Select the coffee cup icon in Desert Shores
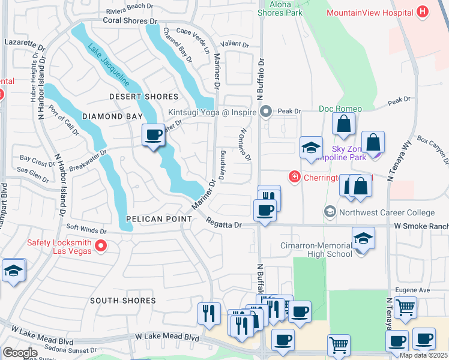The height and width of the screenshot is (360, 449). [x=153, y=134]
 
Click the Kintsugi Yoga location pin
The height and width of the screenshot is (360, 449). [x=267, y=111]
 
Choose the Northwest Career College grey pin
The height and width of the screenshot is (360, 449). [x=330, y=212]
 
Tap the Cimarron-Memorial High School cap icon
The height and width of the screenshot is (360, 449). [x=363, y=238]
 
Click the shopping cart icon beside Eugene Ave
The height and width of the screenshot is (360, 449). [x=406, y=307]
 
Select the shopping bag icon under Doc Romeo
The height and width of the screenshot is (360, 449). [x=344, y=124]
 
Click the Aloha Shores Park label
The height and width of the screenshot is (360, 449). [x=280, y=8]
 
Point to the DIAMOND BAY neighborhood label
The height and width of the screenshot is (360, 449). [x=112, y=116]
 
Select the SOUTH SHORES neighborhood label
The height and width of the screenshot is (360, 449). [x=123, y=300]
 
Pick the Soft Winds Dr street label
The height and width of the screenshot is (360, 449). [x=86, y=229]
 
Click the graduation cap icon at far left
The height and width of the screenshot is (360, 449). [x=13, y=271]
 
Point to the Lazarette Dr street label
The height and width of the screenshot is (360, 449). [x=25, y=44]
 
